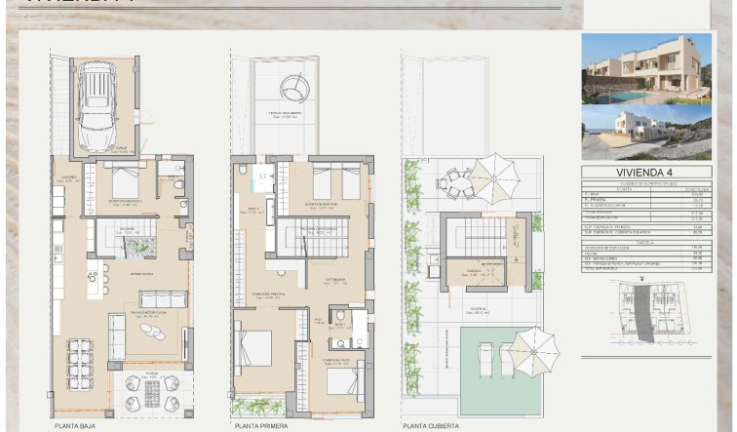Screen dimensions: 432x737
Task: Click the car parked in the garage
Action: click(x=98, y=106)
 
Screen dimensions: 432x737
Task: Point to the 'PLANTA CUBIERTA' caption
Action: click(x=433, y=426)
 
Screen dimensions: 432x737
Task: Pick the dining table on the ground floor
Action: click(x=80, y=365)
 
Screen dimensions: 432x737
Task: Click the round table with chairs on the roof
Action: click(x=456, y=180)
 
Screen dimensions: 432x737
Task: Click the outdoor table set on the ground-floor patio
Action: click(x=152, y=392)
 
